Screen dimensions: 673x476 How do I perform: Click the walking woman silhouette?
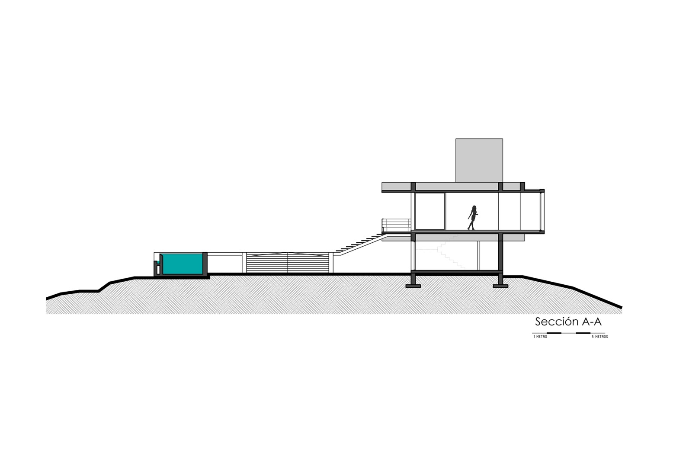(472, 218)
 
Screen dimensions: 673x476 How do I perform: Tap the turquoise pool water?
(182, 264)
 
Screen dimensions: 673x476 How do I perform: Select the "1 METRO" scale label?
(540, 337)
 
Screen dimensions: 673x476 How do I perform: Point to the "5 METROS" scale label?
(600, 337)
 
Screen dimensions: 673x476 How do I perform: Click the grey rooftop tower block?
(479, 160)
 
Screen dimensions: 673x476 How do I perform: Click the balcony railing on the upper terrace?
(396, 225)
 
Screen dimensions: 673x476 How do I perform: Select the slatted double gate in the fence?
(288, 263)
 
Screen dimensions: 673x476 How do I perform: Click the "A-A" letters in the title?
(592, 322)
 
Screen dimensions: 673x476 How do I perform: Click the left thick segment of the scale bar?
(554, 333)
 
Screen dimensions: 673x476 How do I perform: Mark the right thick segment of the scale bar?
(583, 333)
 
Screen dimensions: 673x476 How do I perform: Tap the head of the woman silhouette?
(474, 208)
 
